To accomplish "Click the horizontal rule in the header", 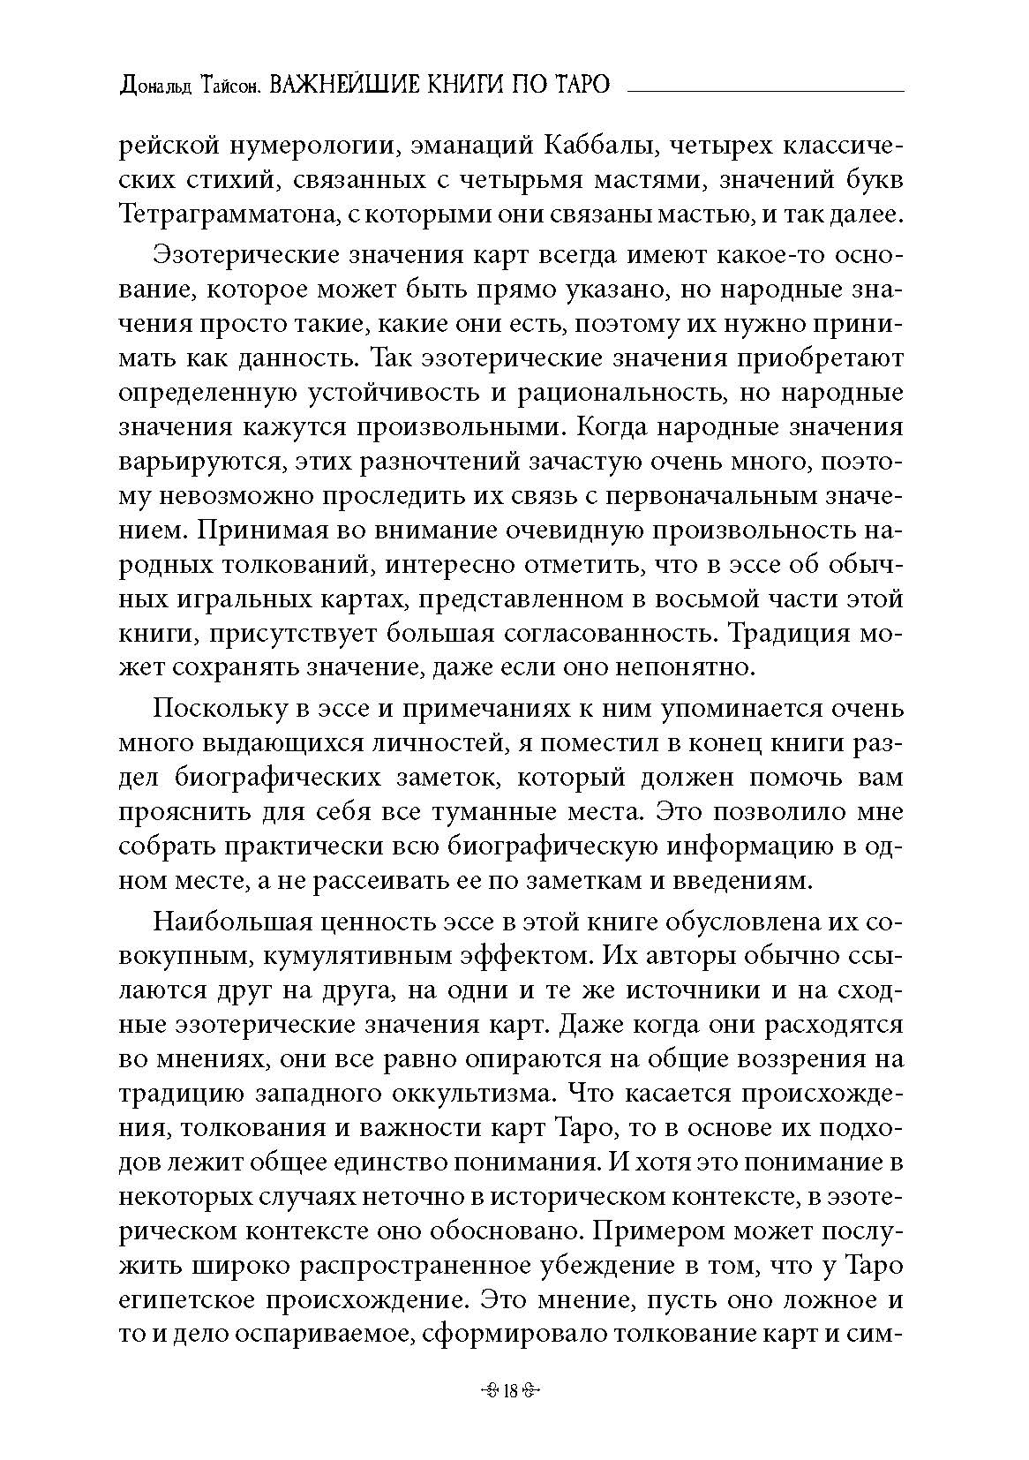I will pos(764,90).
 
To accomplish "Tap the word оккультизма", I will pos(469,1094).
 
